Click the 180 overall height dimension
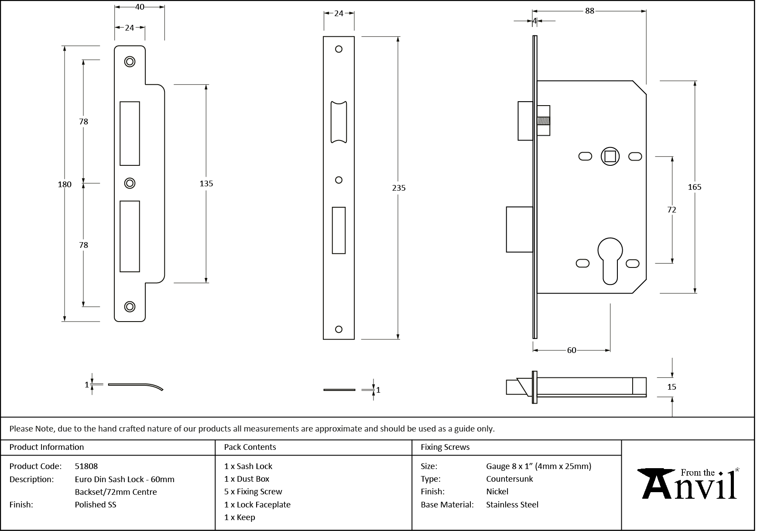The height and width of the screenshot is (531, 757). point(65,184)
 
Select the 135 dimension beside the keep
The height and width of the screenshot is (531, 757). point(206,184)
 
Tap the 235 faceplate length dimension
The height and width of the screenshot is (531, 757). point(398,188)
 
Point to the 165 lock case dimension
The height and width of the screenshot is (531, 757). point(694,187)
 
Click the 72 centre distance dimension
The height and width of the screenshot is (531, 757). point(671,210)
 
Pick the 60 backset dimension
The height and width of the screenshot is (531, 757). point(571,350)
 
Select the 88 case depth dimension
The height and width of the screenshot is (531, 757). point(589,11)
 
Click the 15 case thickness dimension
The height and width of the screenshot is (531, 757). point(671,387)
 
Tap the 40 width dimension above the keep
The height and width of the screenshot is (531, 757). point(140,7)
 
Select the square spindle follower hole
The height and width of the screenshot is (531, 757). point(610,157)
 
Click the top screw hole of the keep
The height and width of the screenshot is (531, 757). point(130,62)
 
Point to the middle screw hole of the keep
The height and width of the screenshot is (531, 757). point(130,183)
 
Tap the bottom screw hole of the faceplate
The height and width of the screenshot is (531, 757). point(339,329)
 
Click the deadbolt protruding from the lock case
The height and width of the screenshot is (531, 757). point(519,230)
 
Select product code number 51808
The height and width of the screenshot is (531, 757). point(86,466)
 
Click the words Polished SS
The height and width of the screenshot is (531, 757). point(96,504)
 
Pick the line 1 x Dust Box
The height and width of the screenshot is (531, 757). point(247,479)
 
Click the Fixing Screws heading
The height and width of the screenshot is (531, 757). point(445,447)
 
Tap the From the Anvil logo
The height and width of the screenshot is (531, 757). point(688,484)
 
